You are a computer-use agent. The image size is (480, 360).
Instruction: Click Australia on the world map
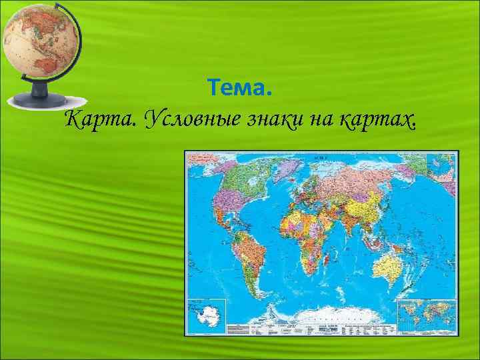[x=390, y=267]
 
